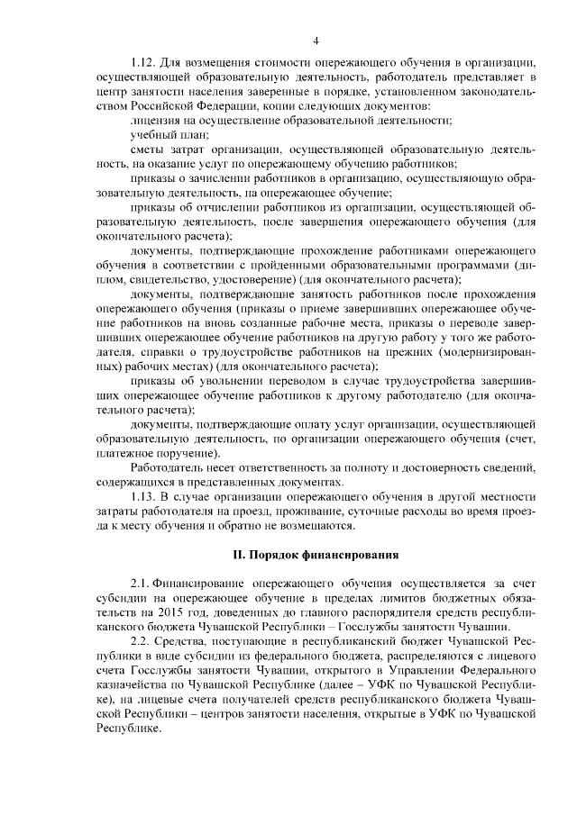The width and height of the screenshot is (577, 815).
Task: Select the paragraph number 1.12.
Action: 144,64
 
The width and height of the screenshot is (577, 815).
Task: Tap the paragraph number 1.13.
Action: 144,496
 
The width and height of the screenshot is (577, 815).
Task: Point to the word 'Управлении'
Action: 412,671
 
